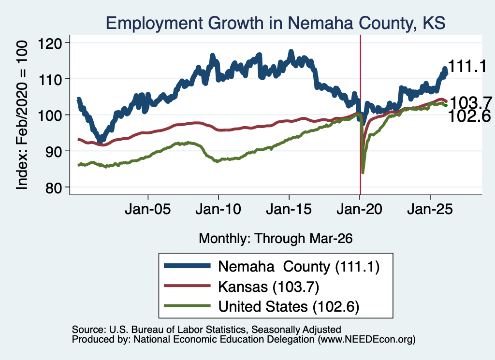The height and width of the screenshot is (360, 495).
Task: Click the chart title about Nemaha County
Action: point(276,23)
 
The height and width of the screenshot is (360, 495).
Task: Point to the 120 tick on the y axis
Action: point(50,43)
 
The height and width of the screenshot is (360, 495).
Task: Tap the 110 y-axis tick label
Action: point(50,80)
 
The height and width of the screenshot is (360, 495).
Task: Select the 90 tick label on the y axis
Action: point(54,152)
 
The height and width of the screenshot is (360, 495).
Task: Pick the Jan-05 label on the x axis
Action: point(148,209)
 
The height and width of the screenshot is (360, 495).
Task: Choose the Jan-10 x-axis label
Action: point(218,209)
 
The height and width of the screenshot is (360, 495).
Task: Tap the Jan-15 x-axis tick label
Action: point(289,209)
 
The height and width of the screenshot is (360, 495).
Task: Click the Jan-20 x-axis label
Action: point(360,209)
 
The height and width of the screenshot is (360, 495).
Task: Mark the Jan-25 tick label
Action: point(430,209)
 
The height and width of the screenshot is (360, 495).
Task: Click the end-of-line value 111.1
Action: point(467,67)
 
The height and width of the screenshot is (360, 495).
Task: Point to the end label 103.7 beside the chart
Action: point(471,103)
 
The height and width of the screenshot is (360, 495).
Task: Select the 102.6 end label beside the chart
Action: point(469,116)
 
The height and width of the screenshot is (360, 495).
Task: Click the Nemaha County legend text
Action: point(299,267)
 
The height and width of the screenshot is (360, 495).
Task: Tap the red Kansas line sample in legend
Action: point(187,286)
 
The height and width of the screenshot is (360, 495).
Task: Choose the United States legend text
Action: point(289,307)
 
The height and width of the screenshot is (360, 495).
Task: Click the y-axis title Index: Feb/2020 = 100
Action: point(22,115)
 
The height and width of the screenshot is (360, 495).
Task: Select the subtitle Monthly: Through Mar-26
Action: point(276,239)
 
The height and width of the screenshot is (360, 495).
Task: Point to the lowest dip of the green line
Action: point(363,173)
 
